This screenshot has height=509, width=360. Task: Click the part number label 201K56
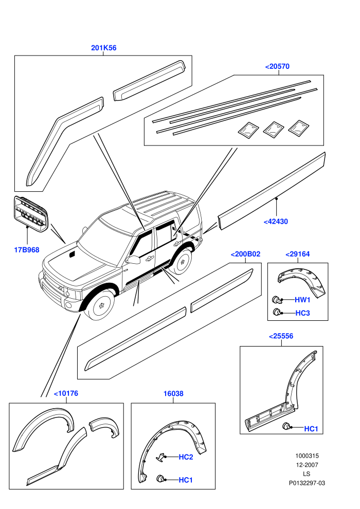103,48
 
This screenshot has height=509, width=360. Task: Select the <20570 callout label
277,66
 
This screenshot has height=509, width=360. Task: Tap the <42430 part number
276,222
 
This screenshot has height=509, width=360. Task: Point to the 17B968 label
27,250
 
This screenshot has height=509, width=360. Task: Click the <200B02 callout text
245,254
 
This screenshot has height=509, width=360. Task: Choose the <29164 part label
297,254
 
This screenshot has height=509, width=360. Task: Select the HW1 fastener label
302,300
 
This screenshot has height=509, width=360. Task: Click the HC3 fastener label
302,313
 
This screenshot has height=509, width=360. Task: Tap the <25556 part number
281,336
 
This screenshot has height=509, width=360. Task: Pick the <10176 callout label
66,393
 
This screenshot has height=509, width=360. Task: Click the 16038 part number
173,393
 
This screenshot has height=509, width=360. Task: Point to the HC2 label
186,457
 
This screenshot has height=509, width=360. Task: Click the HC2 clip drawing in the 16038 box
160,457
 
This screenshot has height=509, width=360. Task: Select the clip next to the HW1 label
276,299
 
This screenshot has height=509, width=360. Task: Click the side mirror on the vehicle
133,259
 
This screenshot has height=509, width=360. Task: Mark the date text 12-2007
307,465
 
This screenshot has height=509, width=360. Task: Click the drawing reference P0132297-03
307,483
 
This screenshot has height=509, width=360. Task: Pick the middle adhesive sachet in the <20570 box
273,129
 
